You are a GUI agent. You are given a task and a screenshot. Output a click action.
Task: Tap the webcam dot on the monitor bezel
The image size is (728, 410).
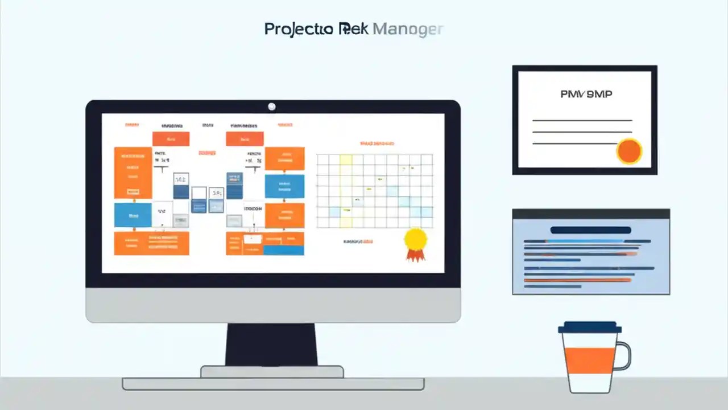click(272, 106)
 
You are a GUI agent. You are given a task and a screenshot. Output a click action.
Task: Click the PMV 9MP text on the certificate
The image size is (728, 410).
click(586, 94)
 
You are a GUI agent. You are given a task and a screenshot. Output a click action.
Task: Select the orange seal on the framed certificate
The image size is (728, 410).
click(629, 151)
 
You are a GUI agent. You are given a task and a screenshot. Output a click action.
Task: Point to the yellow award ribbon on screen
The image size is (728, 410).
click(415, 239)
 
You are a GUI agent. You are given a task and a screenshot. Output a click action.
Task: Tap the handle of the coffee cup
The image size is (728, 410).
click(624, 356)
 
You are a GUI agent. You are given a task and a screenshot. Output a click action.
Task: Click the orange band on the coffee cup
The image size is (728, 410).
click(590, 360)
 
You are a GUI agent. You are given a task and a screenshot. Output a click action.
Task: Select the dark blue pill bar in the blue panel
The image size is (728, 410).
click(590, 230)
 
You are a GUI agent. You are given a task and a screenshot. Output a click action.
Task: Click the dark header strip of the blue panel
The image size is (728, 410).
click(590, 214)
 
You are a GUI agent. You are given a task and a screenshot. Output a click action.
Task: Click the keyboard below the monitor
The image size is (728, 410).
click(273, 384)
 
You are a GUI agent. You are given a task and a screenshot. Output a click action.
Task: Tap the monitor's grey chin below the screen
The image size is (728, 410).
click(273, 305)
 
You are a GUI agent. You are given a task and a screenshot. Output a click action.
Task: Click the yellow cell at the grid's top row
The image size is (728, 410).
click(346, 159)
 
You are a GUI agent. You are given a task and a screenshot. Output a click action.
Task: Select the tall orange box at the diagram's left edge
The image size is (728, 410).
click(133, 173)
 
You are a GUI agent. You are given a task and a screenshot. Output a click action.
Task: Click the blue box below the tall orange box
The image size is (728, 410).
click(133, 215)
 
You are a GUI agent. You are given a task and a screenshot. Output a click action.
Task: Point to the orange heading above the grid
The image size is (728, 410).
click(377, 144)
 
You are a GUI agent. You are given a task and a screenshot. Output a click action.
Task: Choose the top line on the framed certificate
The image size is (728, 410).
click(582, 121)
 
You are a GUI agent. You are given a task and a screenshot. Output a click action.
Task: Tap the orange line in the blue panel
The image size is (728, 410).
click(577, 280)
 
